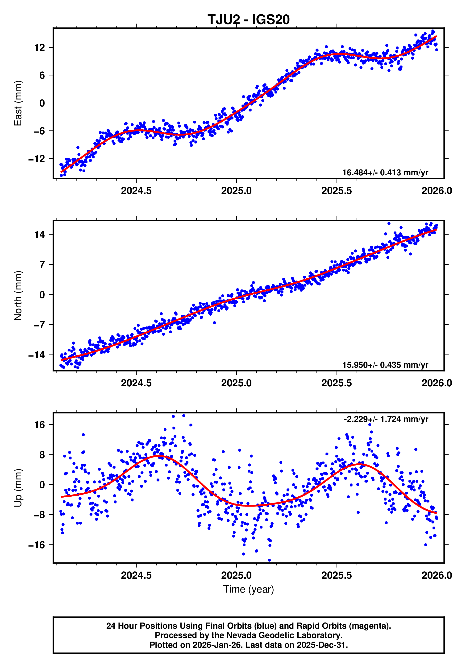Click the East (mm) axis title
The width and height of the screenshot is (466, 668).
(x=18, y=103)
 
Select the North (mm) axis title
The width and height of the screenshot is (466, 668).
(x=18, y=296)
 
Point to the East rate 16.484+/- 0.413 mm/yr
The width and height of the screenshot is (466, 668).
(x=385, y=173)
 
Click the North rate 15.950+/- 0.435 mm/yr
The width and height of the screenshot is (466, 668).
(x=385, y=365)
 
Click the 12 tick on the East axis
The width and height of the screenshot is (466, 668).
(x=40, y=47)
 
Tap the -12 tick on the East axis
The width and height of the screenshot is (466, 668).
(x=37, y=159)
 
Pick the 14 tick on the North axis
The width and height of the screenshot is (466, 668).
(x=40, y=235)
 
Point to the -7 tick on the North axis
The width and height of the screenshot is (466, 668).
(x=39, y=325)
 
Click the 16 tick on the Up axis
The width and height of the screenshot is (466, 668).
(x=40, y=425)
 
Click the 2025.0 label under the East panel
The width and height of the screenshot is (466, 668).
(x=236, y=191)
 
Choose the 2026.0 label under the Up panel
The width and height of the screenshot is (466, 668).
(x=436, y=575)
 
